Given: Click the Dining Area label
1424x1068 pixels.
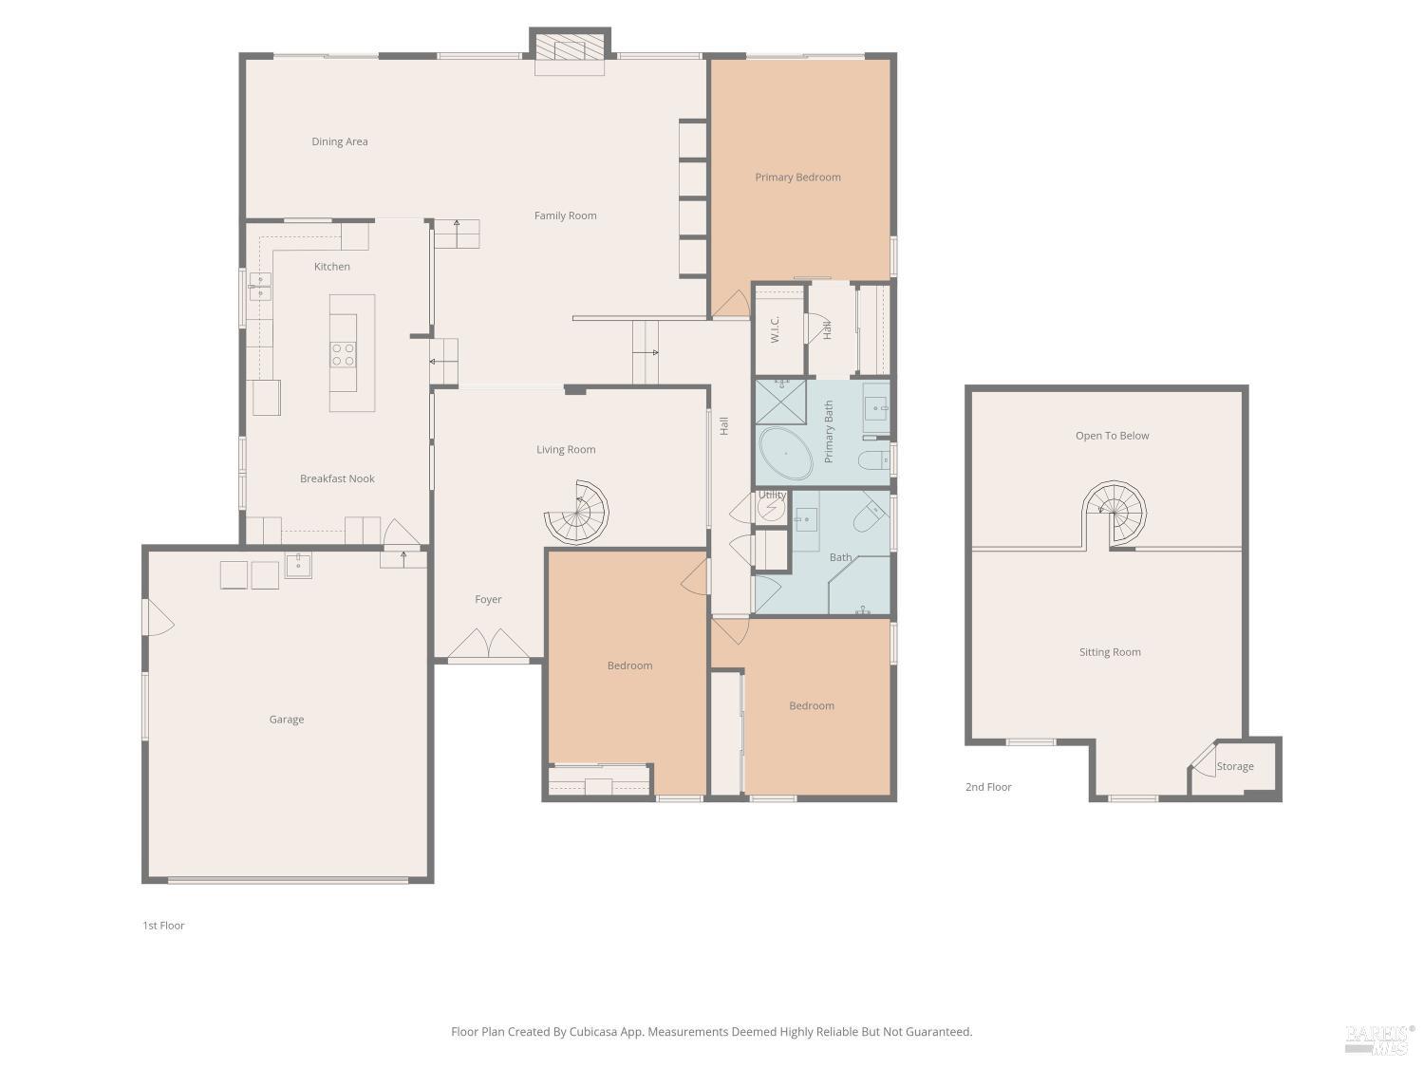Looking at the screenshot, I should click(x=339, y=141).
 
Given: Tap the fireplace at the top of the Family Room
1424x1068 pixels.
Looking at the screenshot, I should click(x=570, y=49).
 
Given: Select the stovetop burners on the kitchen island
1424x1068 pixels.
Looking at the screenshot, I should click(x=343, y=354).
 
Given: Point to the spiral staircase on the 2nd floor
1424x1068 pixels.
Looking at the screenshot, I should click(x=1116, y=513).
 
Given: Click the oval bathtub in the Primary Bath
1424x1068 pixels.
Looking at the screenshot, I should click(x=785, y=454).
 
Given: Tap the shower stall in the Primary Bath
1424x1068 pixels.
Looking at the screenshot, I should click(x=780, y=402).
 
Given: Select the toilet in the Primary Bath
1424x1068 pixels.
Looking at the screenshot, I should click(x=872, y=461).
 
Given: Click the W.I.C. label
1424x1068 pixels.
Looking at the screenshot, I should click(x=775, y=329).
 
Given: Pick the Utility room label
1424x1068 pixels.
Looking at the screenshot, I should click(x=772, y=495).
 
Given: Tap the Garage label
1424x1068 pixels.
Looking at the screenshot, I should click(x=286, y=720).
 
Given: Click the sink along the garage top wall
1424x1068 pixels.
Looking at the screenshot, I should click(x=298, y=565).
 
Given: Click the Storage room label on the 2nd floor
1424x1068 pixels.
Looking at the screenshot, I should click(x=1235, y=766).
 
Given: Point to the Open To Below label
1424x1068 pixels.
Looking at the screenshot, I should click(x=1112, y=436).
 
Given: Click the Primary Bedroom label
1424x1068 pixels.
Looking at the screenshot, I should click(x=797, y=177).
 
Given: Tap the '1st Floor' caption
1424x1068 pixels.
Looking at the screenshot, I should click(x=163, y=926).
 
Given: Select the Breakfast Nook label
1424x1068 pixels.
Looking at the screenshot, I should click(x=337, y=478).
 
